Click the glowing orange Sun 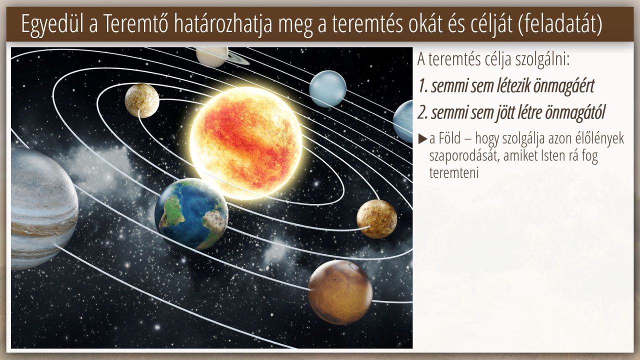(246, 143)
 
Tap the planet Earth (191, 214)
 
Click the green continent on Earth (172, 211)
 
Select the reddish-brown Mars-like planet (340, 292)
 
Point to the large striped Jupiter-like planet (43, 208)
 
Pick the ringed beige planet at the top (213, 56)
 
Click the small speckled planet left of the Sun (142, 100)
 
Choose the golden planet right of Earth (377, 219)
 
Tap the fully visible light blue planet (327, 89)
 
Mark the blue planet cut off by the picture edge (403, 121)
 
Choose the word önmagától (575, 113)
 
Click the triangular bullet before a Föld (422, 139)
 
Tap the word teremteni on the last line (454, 173)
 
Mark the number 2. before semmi (423, 113)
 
